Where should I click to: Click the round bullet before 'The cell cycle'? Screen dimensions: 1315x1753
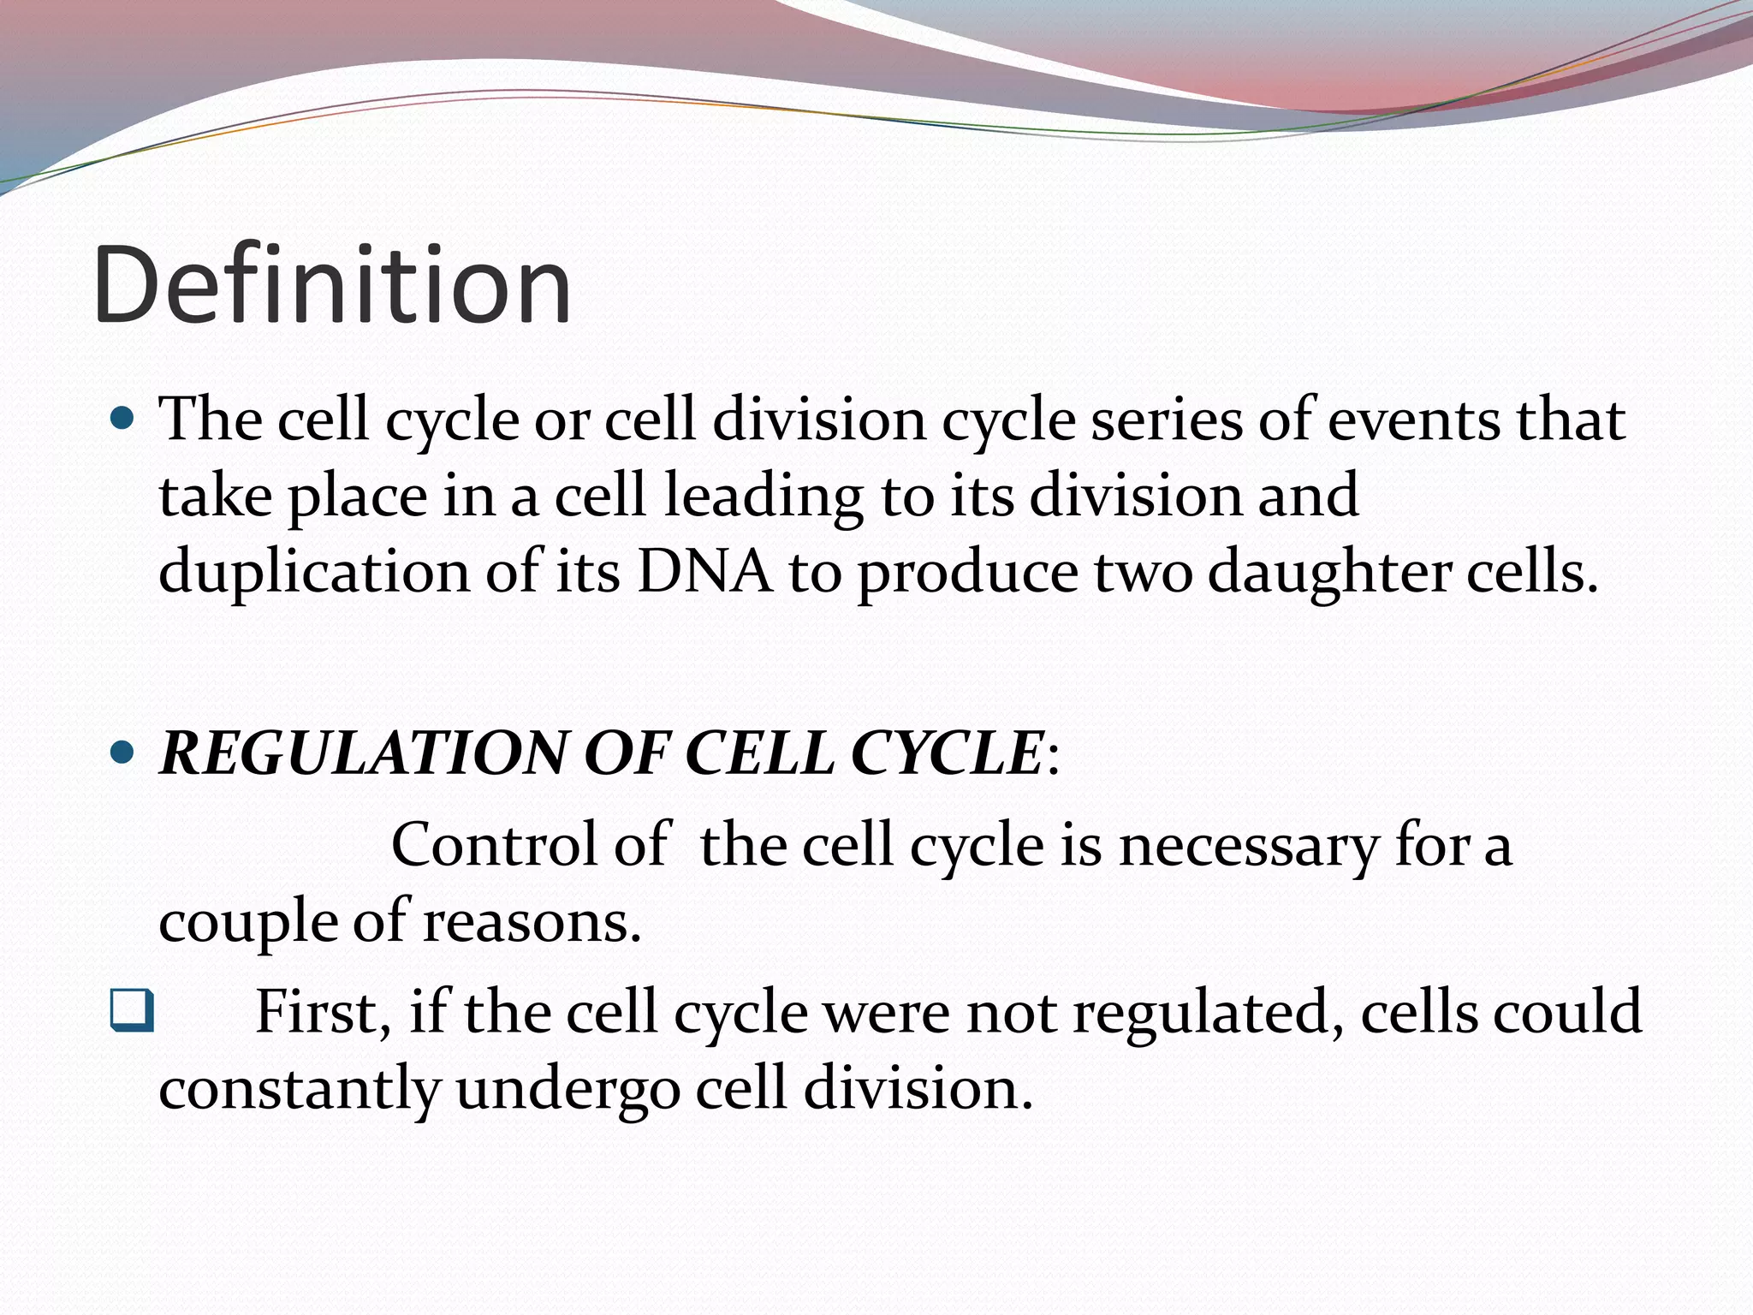123,420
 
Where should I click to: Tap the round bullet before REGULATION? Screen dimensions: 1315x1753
123,753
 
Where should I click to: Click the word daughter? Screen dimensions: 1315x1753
1328,572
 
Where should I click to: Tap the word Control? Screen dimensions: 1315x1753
493,845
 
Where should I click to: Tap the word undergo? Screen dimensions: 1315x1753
567,1089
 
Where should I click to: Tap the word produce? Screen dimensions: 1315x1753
968,572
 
